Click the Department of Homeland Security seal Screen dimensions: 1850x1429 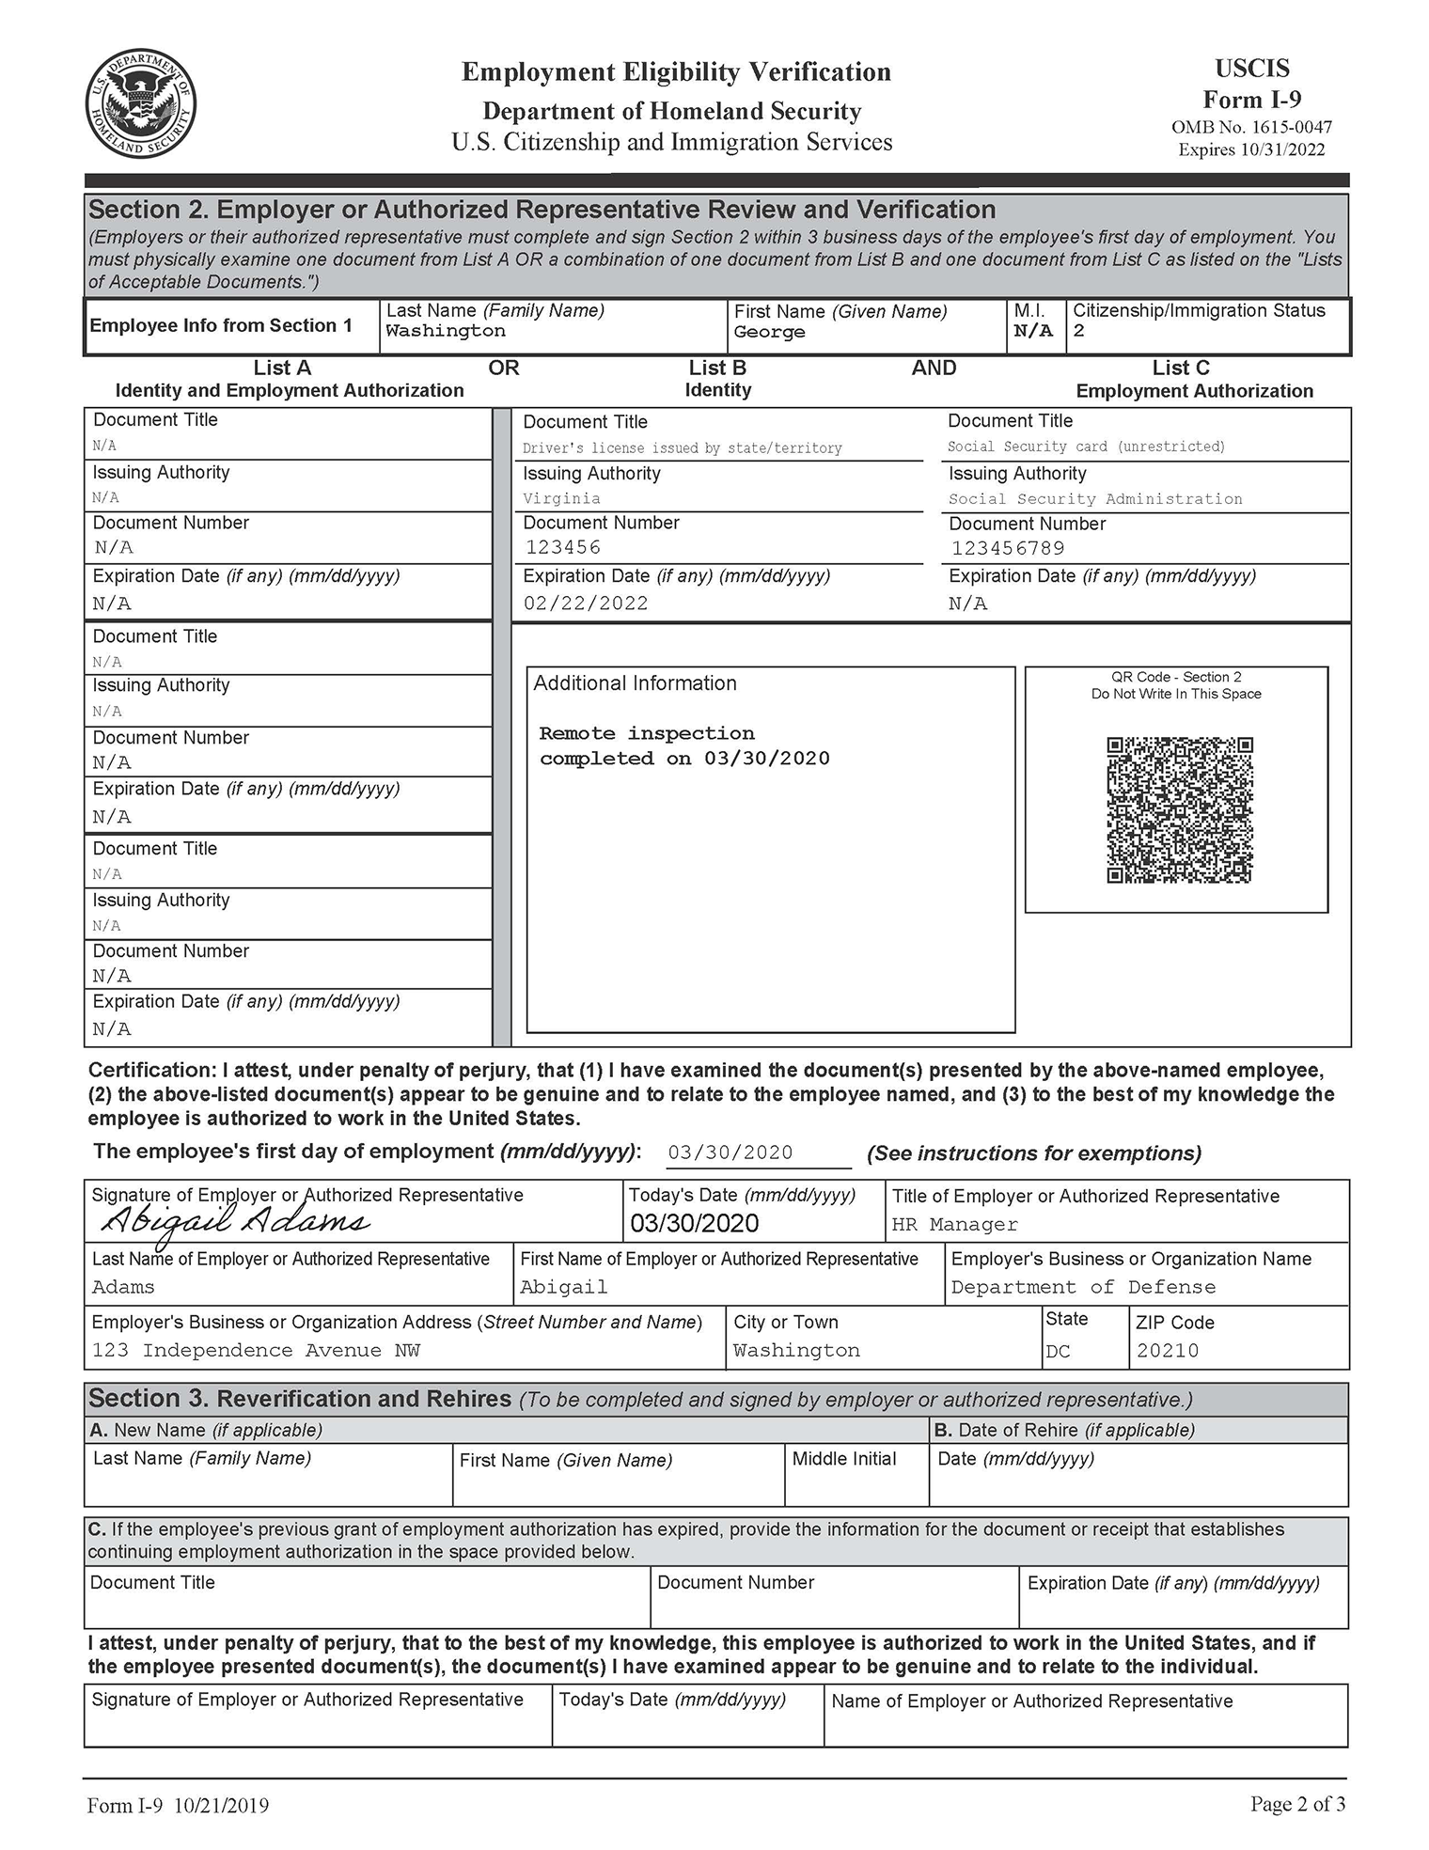pos(141,103)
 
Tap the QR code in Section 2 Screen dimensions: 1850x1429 pos(1180,810)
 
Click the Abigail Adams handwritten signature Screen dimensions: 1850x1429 pos(235,1221)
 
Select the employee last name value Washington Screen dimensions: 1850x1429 pos(446,331)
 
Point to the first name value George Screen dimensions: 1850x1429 pos(769,332)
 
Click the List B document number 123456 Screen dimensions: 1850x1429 pos(562,547)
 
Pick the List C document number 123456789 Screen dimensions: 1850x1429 pos(1008,548)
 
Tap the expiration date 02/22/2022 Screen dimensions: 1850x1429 pos(586,604)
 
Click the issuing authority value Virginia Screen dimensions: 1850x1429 pos(561,498)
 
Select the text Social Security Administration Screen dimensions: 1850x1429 pos(1095,499)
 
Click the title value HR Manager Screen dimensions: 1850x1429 pos(954,1224)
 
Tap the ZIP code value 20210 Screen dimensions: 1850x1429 pos(1168,1351)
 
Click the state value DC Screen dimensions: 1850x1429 pos(1058,1352)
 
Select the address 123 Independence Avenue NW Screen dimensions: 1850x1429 pos(256,1351)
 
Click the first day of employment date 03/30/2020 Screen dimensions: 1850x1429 pos(730,1152)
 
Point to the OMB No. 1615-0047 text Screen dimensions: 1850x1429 pos(1251,127)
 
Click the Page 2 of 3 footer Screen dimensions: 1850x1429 pos(1297,1804)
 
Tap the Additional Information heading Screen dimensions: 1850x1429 pos(635,683)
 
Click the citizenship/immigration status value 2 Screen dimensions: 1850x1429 pos(1079,331)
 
